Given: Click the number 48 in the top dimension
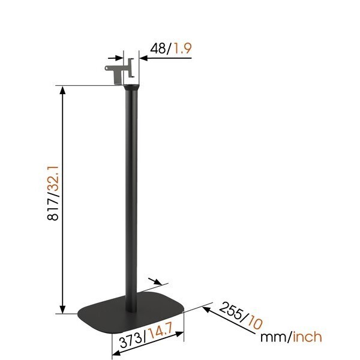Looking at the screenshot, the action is [158, 49].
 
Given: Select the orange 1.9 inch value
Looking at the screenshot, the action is [182, 49].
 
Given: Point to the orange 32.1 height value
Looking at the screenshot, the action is [53, 178].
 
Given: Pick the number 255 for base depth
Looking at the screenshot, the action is [231, 310].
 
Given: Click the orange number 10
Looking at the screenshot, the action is [255, 322].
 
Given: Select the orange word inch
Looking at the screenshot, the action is [307, 337].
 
